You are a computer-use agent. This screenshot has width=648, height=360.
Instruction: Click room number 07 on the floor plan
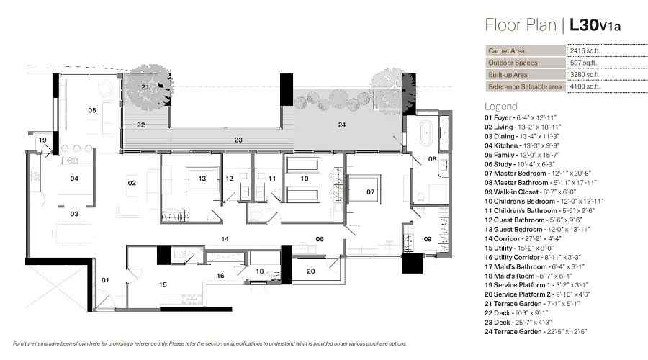pyautogui.click(x=371, y=192)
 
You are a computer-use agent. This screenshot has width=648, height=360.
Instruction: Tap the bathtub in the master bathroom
pyautogui.click(x=426, y=132)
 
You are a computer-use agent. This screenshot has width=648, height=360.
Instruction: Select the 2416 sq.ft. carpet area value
pyautogui.click(x=585, y=51)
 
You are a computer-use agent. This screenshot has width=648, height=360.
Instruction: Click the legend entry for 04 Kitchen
pyautogui.click(x=522, y=145)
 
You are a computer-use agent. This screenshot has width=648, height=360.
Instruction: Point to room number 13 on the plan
pyautogui.click(x=202, y=179)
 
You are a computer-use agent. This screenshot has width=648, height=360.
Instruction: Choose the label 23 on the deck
pyautogui.click(x=238, y=140)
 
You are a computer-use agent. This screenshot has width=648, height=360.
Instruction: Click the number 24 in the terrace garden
pyautogui.click(x=342, y=125)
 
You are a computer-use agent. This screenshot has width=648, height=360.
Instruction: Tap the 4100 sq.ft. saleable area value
pyautogui.click(x=585, y=86)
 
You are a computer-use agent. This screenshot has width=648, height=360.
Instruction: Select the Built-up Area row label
pyautogui.click(x=508, y=75)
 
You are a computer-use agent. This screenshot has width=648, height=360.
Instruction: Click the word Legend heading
pyautogui.click(x=501, y=107)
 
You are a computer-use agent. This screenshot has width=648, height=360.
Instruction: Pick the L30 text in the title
pyautogui.click(x=584, y=24)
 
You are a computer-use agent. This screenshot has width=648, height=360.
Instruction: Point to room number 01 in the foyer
pyautogui.click(x=105, y=280)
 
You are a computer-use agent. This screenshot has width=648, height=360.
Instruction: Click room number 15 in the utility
pyautogui.click(x=163, y=284)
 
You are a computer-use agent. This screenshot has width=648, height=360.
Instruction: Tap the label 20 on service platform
pyautogui.click(x=311, y=271)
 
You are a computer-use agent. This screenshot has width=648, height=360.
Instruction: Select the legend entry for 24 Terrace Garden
pyautogui.click(x=536, y=331)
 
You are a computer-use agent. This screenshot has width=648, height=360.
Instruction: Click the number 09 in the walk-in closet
pyautogui.click(x=427, y=239)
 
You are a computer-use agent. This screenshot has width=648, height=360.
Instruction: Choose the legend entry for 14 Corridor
pyautogui.click(x=523, y=238)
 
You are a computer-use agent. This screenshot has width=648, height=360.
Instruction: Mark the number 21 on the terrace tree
pyautogui.click(x=145, y=87)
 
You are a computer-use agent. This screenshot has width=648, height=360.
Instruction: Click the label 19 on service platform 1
pyautogui.click(x=42, y=140)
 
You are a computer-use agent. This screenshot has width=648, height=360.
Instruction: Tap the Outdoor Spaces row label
pyautogui.click(x=513, y=63)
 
